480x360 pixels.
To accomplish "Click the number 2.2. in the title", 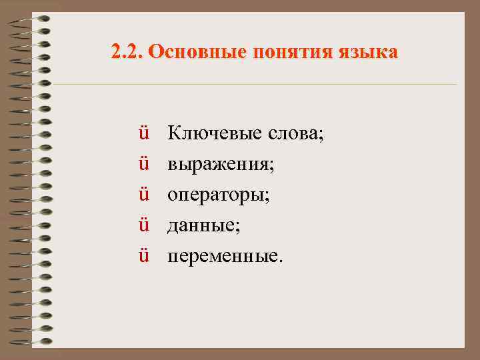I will pos(127,51).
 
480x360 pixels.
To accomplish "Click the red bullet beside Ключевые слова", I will pos(143,133).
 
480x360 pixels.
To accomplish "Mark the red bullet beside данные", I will pos(143,225).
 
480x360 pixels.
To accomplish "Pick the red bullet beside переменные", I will pos(143,256).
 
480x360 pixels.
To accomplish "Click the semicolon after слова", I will pos(321,136).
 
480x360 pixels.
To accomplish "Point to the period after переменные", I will pos(281,261).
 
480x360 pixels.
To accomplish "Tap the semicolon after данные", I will pos(238,228).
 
